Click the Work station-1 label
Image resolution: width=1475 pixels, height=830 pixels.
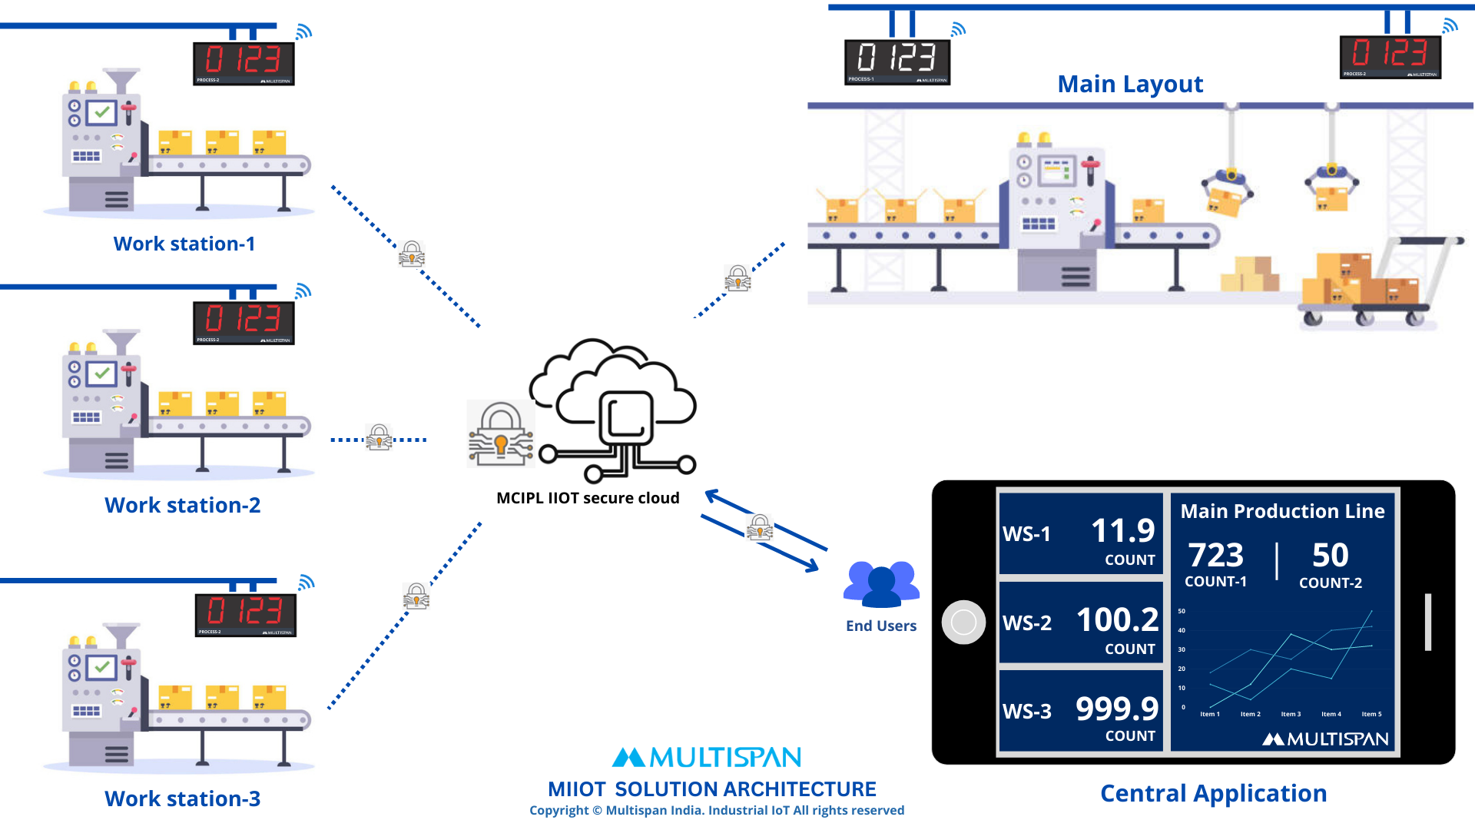184,244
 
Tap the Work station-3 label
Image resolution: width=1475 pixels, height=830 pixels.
183,798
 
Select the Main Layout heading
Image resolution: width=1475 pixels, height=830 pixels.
1130,84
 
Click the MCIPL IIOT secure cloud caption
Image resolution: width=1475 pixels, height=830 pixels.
588,498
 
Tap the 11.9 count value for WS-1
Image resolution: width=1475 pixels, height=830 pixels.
1122,530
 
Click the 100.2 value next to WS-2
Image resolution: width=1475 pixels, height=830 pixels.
1117,619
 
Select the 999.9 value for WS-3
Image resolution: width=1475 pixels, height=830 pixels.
1117,709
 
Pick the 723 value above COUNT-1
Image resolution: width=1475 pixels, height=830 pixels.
1216,555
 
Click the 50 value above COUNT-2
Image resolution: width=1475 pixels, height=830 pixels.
1331,555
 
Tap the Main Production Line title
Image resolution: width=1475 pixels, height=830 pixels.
1282,511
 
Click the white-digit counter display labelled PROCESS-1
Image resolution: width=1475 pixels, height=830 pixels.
897,61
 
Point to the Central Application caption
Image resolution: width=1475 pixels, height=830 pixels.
1213,793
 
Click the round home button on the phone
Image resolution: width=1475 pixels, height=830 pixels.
963,622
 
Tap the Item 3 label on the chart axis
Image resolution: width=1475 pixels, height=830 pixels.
1291,714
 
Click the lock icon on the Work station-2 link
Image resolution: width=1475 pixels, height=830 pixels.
380,437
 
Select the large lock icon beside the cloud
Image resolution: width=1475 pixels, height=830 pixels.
501,434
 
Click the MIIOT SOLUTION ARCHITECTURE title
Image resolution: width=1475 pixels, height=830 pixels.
711,789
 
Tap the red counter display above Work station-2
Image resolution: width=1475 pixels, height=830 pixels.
244,322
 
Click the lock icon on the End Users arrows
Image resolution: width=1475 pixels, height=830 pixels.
760,527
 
